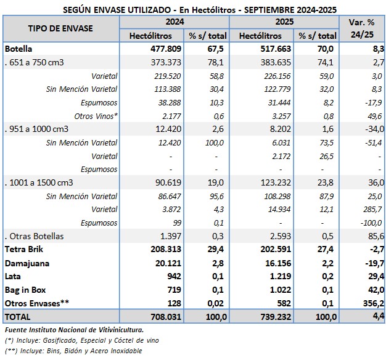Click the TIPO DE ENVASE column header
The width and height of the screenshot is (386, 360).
pyautogui.click(x=60, y=29)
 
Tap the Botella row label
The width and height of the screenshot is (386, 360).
pyautogui.click(x=18, y=48)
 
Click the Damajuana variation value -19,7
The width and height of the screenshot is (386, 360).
pyautogui.click(x=374, y=263)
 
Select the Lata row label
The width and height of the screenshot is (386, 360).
pyautogui.click(x=14, y=276)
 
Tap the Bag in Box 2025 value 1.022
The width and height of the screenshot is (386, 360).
pyautogui.click(x=276, y=289)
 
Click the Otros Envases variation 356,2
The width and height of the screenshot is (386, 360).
pyautogui.click(x=372, y=303)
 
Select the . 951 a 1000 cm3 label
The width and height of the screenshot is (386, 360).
pyautogui.click(x=36, y=129)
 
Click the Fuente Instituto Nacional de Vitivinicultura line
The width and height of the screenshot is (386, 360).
pyautogui.click(x=73, y=330)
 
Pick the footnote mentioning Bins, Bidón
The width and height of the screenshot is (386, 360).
pyautogui.click(x=73, y=351)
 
